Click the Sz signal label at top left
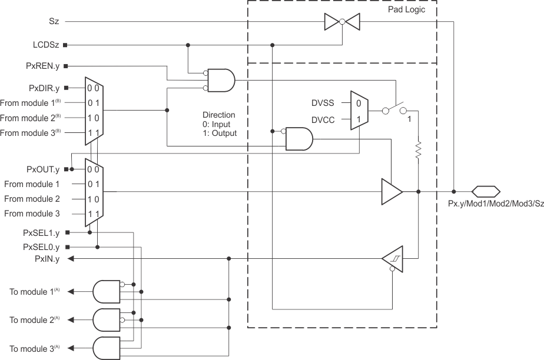54,21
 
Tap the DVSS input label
324,103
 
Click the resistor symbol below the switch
418,150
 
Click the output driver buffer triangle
392,191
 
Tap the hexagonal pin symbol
486,191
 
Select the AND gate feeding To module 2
106,319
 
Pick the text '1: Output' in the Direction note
220,134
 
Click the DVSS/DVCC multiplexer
359,111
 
